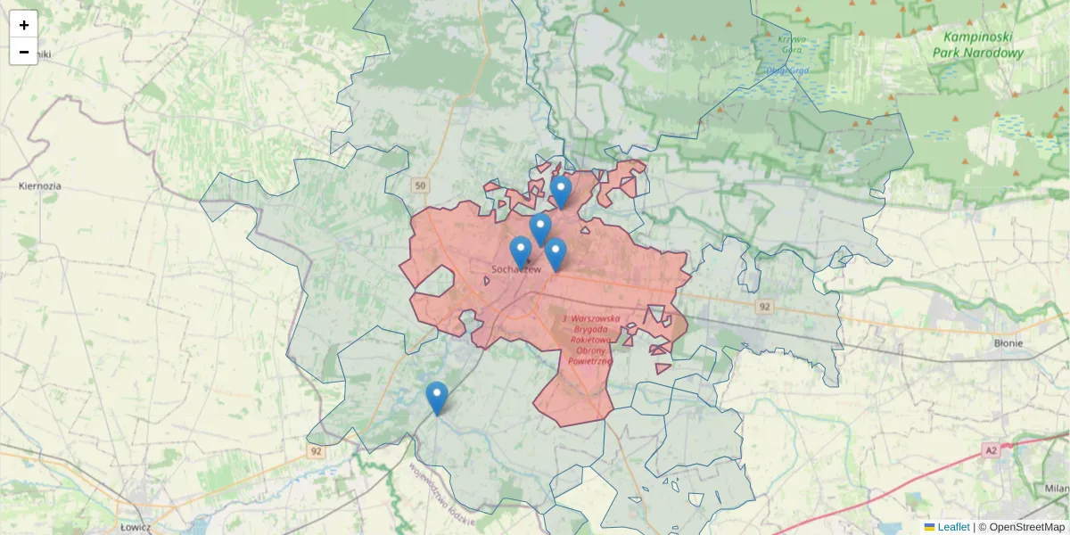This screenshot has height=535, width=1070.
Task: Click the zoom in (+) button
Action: coord(24,25)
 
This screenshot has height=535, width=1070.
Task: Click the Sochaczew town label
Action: coord(516,269)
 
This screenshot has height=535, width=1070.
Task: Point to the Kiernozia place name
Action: coord(40,186)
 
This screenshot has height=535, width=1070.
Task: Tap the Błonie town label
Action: coord(1008,342)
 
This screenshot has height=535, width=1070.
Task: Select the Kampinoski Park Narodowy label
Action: coord(977,45)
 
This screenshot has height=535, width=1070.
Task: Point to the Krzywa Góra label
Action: coord(791,44)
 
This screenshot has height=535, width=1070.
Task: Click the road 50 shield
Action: coord(421,185)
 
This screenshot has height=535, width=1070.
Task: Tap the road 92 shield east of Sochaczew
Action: coord(764,307)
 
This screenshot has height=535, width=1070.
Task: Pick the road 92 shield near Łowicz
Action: coord(317,451)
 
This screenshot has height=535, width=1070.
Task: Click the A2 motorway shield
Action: coord(992,451)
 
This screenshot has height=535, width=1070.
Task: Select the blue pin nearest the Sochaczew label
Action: coord(521,251)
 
